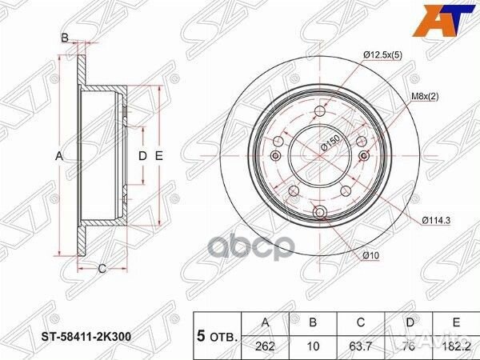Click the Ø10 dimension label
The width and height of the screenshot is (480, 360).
[x=370, y=255]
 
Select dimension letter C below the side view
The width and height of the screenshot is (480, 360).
[x=102, y=268]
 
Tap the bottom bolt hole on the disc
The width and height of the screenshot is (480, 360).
[x=320, y=212]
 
